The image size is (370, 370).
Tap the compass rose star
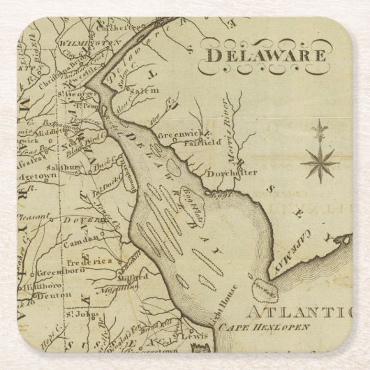(320, 162)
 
